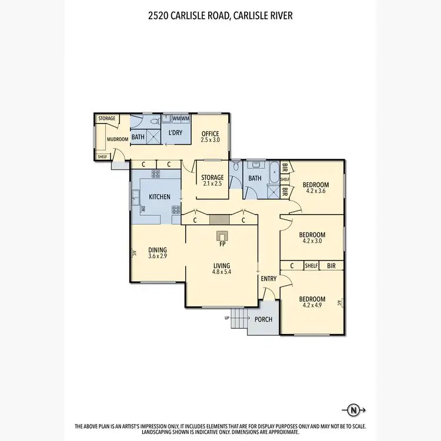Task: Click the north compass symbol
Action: pyautogui.click(x=353, y=410)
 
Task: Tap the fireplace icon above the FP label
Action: pyautogui.click(x=222, y=236)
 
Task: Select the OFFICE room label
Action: pyautogui.click(x=210, y=133)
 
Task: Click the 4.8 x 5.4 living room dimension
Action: pyautogui.click(x=222, y=272)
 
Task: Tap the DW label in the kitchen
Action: pyautogui.click(x=143, y=209)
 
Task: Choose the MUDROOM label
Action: pyautogui.click(x=117, y=139)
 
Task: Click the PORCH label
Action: pyautogui.click(x=263, y=320)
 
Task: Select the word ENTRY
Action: pyautogui.click(x=269, y=279)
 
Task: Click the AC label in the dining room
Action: pyautogui.click(x=133, y=253)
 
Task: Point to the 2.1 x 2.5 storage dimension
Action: pyautogui.click(x=212, y=184)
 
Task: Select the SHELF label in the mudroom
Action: pyautogui.click(x=102, y=156)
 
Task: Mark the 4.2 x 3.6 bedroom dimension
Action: pyautogui.click(x=316, y=191)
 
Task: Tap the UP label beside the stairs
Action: pyautogui.click(x=228, y=318)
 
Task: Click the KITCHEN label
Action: pyautogui.click(x=159, y=196)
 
